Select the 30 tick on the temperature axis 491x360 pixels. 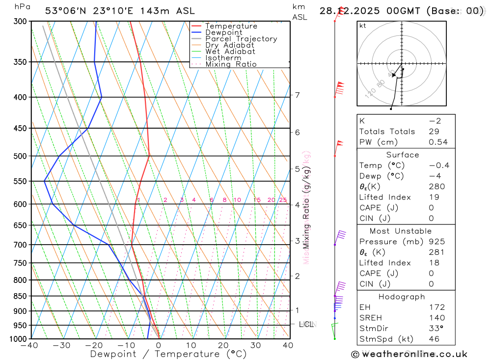click(256, 345)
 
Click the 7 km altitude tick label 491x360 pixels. click(298, 95)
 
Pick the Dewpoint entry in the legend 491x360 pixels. click(224, 32)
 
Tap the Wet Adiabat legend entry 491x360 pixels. click(230, 52)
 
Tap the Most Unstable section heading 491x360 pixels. click(407, 231)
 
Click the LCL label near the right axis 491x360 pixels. click(307, 324)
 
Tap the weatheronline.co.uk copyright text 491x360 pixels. click(409, 354)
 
